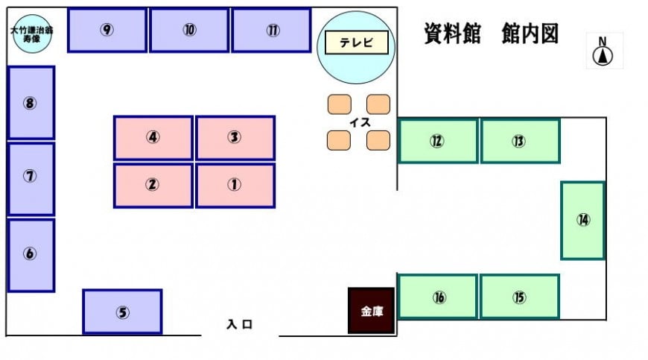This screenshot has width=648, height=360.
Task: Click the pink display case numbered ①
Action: (235, 185)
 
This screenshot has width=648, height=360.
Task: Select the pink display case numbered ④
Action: (153, 138)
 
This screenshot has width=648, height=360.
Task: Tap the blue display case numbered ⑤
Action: (122, 312)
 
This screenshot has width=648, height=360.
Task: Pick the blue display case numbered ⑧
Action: (31, 103)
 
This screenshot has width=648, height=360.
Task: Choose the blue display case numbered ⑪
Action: (272, 30)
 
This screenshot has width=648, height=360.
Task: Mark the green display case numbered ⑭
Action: (582, 221)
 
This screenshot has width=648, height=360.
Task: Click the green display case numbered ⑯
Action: (437, 297)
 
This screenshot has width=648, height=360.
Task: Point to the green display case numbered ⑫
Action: (438, 141)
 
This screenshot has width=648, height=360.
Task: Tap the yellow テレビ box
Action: (357, 42)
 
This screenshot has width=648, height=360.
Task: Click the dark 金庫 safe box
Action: (371, 311)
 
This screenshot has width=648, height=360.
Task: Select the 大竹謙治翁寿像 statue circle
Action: (32, 34)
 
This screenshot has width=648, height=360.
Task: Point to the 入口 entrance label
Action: (240, 324)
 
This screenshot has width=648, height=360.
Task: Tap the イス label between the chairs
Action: (360, 122)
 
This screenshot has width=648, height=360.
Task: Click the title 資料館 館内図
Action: (492, 34)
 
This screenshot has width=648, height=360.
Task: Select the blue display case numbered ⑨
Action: (107, 30)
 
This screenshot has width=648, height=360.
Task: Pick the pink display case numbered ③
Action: (235, 138)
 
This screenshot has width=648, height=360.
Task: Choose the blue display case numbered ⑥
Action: (31, 256)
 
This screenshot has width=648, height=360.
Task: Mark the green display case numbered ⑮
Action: (519, 297)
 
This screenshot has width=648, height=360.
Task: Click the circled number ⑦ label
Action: (30, 177)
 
